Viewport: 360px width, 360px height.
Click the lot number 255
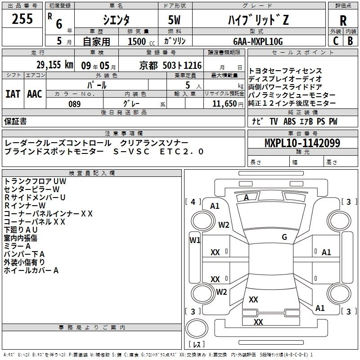(22, 19)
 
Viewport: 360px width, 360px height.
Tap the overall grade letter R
(343, 20)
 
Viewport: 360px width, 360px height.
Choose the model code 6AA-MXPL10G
(258, 41)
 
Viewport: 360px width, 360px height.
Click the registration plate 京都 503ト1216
(169, 66)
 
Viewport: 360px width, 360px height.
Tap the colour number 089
(74, 104)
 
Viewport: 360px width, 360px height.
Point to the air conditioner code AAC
(34, 94)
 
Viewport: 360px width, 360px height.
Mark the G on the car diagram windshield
(284, 237)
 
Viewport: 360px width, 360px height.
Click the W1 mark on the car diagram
(195, 240)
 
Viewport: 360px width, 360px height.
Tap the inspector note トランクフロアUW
(35, 181)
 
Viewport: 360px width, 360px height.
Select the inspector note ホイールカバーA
(31, 270)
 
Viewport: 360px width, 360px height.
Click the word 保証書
(15, 121)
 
